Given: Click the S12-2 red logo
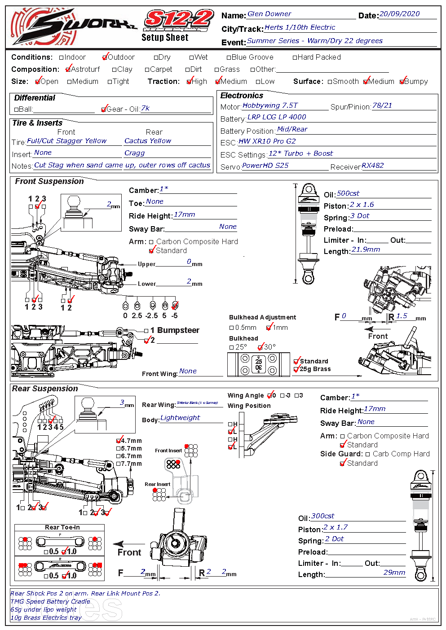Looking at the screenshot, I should point(179,20).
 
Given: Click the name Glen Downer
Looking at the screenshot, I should point(269,14).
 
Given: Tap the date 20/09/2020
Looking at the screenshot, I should point(399,14).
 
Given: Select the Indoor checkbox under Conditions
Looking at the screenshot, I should point(62,57).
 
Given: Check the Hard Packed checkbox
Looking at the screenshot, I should point(295,57).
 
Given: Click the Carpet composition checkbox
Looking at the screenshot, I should point(147,70).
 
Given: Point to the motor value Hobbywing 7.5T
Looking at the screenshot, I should point(270,105).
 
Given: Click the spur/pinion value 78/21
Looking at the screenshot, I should point(382,105).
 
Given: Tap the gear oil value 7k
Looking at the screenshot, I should point(145,108).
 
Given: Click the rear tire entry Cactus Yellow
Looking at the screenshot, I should point(148,141).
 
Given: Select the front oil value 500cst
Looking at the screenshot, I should point(348,193).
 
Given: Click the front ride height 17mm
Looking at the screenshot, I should point(184,214).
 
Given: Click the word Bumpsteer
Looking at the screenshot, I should point(178,330).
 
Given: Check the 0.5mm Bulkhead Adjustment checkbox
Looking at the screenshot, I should point(232,328).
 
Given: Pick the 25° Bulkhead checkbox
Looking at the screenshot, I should point(232,347).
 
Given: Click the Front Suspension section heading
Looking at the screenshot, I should point(49,181).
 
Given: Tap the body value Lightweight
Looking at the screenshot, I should point(180,418).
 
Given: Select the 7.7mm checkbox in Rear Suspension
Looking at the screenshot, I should point(119,464).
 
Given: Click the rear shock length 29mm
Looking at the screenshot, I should point(394,573).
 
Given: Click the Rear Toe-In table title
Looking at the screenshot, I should point(62,527).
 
